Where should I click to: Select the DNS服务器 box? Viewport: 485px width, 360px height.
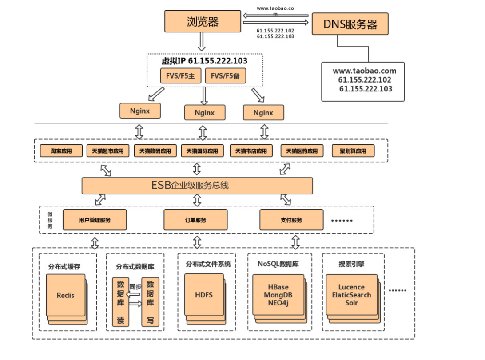coord(350,24)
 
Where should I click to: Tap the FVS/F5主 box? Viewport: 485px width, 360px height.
coord(181,76)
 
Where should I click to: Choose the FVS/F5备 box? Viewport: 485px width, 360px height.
coord(225,76)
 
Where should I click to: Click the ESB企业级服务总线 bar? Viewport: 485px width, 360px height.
coord(197,186)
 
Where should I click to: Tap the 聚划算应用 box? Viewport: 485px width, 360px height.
coord(353,151)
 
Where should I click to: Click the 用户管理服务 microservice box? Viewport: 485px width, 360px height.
coord(95,220)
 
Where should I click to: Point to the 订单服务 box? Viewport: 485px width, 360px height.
coord(195,220)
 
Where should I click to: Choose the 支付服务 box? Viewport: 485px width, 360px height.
coord(291,220)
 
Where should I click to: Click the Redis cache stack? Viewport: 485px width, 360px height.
coord(66,295)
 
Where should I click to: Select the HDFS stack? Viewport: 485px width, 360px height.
coord(204,295)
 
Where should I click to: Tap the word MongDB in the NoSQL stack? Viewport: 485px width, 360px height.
coord(278,295)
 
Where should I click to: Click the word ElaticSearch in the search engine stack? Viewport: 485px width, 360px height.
coord(351,295)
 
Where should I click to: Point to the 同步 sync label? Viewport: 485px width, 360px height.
coord(135,286)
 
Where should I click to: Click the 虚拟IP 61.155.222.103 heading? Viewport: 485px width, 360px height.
coord(204,61)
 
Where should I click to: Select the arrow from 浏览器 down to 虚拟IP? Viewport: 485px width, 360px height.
coord(202,43)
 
